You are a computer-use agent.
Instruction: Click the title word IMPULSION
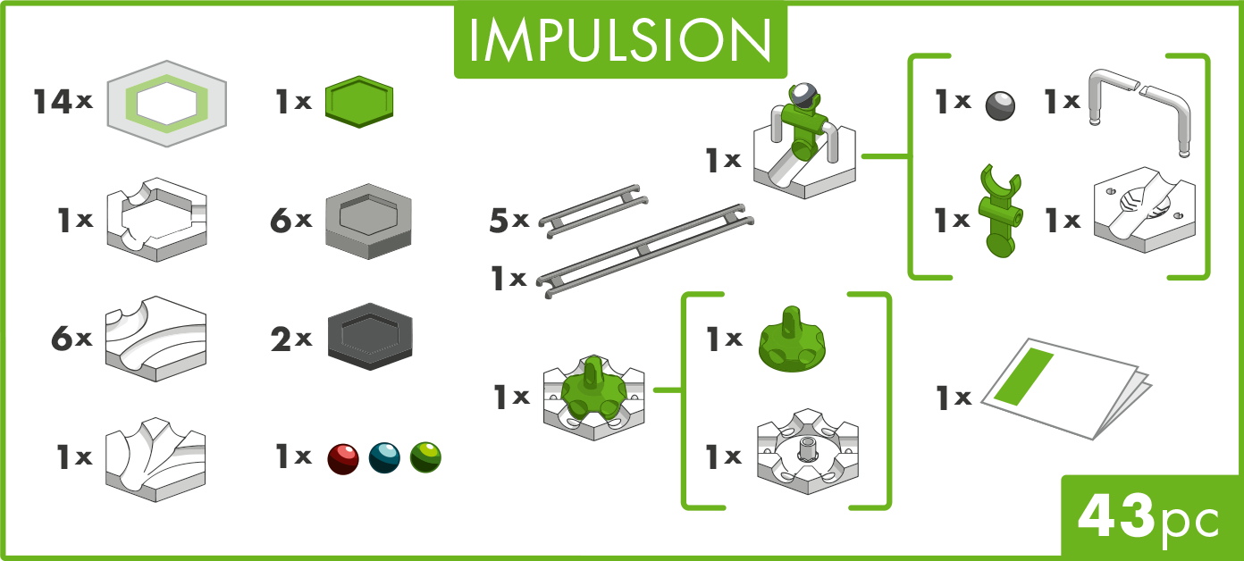tap(620, 38)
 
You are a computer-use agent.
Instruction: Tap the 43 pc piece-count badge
tap(1149, 518)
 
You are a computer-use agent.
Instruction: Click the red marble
tap(342, 458)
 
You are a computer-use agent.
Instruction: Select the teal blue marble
tap(384, 458)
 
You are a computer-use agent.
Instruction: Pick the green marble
tap(425, 458)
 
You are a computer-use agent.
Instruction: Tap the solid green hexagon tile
tap(359, 101)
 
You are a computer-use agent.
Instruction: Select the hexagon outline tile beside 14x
tap(165, 102)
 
